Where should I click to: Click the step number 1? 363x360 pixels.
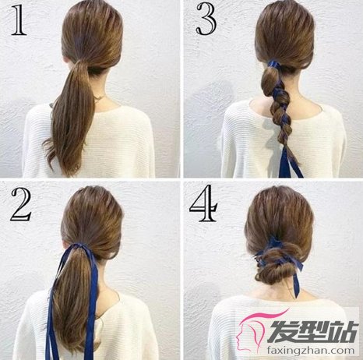[x=18, y=20]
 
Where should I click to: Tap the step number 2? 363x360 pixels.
[x=21, y=205]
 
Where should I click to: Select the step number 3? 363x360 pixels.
[x=206, y=19]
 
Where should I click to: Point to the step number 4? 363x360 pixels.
[x=203, y=203]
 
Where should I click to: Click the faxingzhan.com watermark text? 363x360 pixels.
[x=311, y=351]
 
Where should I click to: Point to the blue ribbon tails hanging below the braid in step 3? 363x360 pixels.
[x=290, y=162]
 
